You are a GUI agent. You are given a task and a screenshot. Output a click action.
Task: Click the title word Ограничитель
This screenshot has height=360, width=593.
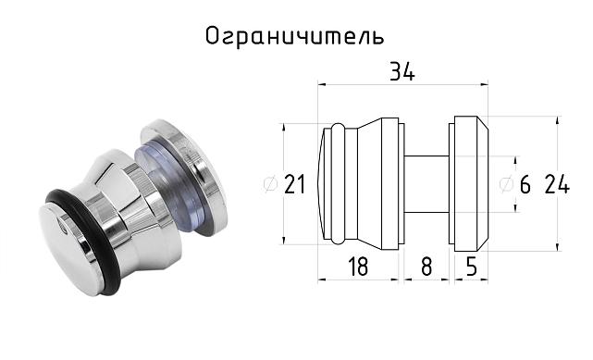point(293,36)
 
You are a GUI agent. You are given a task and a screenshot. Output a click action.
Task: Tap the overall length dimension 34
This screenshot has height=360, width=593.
point(401,72)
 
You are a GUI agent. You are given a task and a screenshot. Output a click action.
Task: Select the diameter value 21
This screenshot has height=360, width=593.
point(294,184)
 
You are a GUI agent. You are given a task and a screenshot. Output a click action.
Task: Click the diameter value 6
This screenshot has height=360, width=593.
point(525,184)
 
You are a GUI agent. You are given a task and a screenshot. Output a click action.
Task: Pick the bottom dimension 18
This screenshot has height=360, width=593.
point(358,267)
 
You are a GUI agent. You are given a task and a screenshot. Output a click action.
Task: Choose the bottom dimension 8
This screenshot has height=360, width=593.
point(426,267)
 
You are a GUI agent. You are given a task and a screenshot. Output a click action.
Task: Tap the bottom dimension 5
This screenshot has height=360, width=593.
point(470,267)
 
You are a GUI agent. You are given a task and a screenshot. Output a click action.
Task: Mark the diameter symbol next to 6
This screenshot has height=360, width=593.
point(506,184)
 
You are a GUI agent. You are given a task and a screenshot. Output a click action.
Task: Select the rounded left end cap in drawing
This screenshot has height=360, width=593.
point(326,182)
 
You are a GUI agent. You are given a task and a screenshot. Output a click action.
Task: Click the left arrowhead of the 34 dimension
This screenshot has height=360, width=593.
point(322,84)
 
